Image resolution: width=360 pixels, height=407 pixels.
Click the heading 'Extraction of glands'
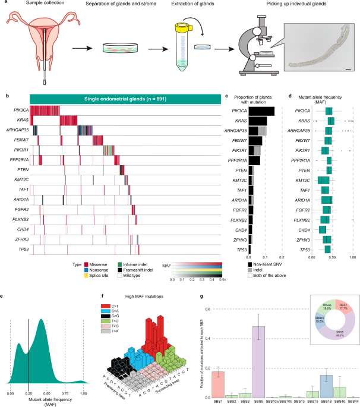coord(191,5)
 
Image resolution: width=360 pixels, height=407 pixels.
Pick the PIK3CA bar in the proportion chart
coord(262,111)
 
